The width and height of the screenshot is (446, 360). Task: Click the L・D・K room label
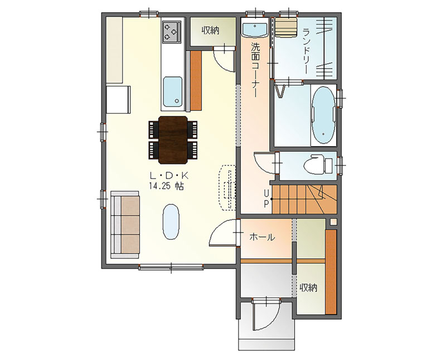(169, 176)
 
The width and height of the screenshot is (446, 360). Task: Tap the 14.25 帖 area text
(166, 186)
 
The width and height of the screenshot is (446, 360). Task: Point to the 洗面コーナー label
(255, 70)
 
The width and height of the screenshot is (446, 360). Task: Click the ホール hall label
(262, 237)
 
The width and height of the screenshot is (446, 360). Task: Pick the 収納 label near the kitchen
(211, 31)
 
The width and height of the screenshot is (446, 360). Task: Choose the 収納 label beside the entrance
(308, 288)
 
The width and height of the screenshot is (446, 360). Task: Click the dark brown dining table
(173, 140)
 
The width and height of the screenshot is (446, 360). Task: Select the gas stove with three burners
(172, 31)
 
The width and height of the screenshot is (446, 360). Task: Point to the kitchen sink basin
(173, 91)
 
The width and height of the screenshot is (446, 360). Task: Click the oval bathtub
(323, 115)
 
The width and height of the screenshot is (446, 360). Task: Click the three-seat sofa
(125, 225)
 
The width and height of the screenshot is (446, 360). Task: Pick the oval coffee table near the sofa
(171, 222)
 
